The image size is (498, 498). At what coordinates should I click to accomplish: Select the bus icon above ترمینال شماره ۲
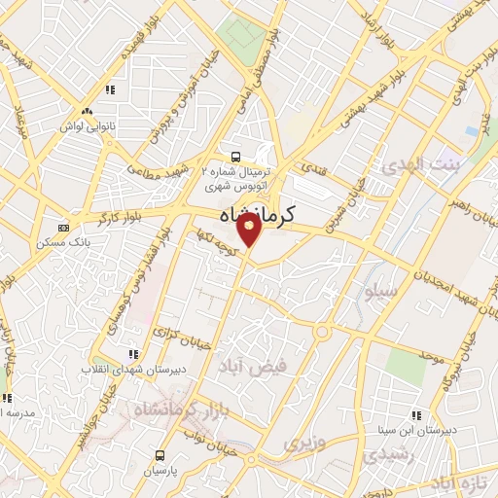[234, 157]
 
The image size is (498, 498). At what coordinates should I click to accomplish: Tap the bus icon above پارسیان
[160, 455]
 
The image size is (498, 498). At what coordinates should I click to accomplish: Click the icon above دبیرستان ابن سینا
[416, 415]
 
